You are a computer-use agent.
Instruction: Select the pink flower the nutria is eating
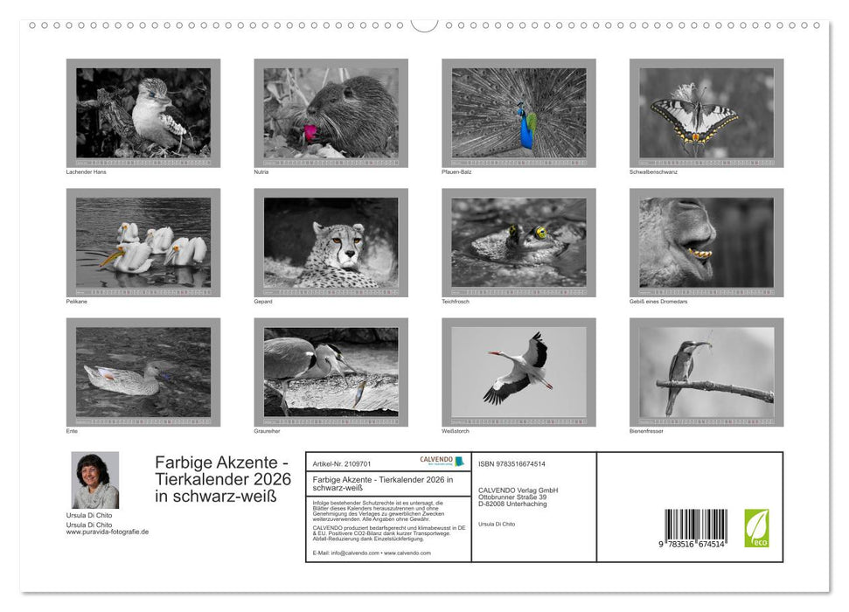tap(309, 131)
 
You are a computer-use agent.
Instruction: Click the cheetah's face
tap(336, 243)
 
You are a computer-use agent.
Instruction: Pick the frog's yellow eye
tap(541, 233)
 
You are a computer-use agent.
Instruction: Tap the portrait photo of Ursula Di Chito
tap(94, 480)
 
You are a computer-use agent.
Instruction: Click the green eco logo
tap(756, 527)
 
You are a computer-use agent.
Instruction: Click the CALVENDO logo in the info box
tap(436, 460)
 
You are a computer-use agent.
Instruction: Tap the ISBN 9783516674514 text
tap(512, 463)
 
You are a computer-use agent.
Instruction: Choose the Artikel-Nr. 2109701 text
tap(342, 463)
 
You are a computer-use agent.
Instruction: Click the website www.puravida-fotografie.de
tap(107, 532)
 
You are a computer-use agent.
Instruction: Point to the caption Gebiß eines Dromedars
tap(658, 301)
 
